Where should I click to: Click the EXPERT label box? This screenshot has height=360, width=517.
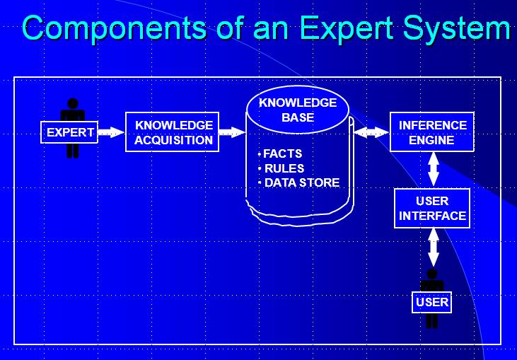70,132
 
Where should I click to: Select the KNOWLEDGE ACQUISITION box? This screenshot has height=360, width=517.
173,132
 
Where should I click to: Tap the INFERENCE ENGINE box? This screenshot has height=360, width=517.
433,132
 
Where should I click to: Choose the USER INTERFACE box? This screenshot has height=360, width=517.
432,209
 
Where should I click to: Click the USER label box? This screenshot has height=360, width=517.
432,303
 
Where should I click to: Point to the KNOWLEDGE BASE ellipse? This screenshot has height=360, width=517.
298,110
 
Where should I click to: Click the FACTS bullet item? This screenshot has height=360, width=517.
282,153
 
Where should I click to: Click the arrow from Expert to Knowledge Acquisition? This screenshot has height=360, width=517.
110,132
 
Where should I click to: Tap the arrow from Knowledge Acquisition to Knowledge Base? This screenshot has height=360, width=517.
232,132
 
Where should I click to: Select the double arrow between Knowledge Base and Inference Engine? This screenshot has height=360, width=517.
371,132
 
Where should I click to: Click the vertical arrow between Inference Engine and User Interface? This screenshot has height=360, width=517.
434,170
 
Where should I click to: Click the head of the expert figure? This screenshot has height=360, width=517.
72,103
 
